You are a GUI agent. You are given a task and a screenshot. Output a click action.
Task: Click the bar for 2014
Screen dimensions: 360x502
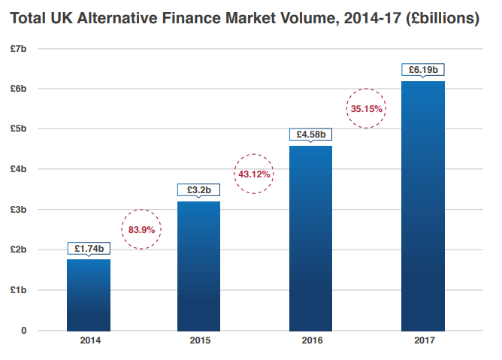click(88, 295)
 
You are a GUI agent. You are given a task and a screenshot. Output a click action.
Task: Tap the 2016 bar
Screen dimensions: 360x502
click(310, 237)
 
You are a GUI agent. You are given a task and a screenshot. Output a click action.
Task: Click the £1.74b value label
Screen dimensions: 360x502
click(89, 247)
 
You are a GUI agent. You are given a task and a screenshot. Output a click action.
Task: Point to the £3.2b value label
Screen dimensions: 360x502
click(199, 189)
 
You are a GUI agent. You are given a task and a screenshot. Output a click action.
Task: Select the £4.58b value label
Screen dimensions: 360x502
click(310, 135)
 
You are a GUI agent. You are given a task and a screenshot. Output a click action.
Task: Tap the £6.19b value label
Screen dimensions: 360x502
click(422, 70)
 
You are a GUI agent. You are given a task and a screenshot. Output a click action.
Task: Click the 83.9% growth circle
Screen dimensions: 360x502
click(141, 229)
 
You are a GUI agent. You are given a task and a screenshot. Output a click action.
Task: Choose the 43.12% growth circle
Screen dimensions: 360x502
click(254, 174)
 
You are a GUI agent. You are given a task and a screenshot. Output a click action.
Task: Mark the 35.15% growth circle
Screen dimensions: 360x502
click(367, 108)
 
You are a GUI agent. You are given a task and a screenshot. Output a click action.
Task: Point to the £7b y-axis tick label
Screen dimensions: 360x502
click(19, 49)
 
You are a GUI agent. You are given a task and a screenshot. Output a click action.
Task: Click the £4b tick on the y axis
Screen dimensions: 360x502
click(19, 169)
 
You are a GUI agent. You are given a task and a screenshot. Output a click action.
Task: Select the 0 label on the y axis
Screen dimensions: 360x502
click(24, 331)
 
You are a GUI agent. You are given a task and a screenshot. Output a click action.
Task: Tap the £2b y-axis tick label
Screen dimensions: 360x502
click(19, 250)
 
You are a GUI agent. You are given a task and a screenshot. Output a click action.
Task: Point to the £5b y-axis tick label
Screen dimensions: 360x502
click(19, 129)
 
